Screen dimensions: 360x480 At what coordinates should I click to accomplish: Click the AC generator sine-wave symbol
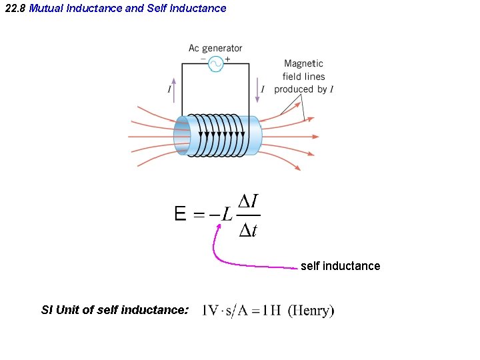[215, 64]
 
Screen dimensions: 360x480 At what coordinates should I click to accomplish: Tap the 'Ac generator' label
[215, 48]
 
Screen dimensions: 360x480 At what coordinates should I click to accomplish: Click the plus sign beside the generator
[227, 59]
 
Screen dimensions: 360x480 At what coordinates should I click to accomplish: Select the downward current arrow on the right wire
[257, 89]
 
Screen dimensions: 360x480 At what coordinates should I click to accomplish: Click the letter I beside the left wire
[169, 89]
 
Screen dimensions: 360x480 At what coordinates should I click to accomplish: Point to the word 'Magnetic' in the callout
[303, 64]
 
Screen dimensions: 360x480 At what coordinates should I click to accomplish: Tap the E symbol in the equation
[180, 214]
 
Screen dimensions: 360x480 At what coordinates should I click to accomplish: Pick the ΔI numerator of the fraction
[249, 201]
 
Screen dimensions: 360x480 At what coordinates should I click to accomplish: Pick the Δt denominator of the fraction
[248, 231]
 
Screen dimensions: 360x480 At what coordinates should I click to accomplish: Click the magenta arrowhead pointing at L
[217, 227]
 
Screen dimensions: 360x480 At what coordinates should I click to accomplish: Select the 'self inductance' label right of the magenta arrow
[340, 266]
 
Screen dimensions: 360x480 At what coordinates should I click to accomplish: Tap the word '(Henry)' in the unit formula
[311, 311]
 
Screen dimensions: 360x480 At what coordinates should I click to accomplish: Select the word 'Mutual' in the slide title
[46, 9]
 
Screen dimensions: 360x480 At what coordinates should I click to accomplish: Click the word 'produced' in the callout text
[293, 89]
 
